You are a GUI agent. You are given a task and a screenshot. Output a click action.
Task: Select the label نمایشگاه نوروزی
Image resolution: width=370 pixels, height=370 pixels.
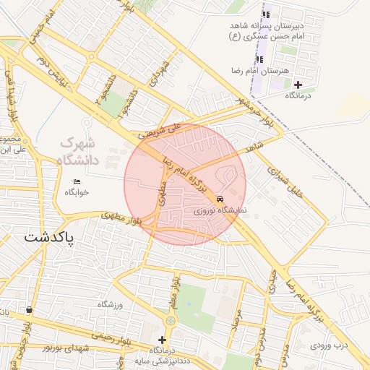221,210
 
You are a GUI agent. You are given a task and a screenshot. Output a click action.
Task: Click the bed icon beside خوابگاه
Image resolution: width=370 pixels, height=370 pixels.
77,181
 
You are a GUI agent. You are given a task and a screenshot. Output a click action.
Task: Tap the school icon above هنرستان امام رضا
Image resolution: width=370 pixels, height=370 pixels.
260,59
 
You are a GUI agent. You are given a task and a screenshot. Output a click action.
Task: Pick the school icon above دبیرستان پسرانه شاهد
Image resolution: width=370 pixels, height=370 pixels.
266,14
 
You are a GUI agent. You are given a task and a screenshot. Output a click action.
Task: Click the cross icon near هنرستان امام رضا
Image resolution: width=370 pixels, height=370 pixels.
298,85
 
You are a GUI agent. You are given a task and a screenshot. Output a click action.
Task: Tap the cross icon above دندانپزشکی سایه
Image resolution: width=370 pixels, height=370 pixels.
162,340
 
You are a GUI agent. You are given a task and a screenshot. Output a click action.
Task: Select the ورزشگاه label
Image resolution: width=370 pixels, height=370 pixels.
111,304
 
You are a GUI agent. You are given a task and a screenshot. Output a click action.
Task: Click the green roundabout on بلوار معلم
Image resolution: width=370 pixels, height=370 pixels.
171,319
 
